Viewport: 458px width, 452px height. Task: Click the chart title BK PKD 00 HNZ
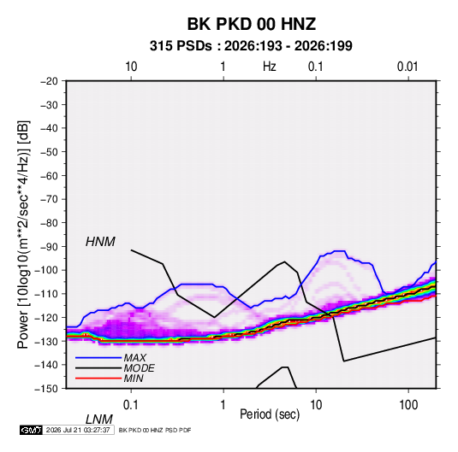(x=251, y=24)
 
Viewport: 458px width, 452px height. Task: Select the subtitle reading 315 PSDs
(x=181, y=46)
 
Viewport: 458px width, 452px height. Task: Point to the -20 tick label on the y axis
(x=49, y=81)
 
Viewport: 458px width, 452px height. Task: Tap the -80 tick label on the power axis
(x=49, y=223)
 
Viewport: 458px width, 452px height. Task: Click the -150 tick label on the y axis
(x=47, y=389)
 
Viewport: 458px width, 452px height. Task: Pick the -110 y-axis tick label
(x=47, y=294)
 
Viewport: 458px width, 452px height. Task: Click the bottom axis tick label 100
(x=408, y=405)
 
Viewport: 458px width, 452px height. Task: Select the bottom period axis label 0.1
(x=130, y=405)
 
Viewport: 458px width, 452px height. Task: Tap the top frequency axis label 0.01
(x=407, y=67)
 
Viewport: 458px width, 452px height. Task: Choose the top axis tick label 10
(x=131, y=67)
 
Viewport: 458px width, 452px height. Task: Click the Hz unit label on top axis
(x=270, y=67)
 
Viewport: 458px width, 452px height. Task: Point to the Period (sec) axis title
(x=270, y=414)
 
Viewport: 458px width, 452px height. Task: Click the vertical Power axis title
(x=23, y=234)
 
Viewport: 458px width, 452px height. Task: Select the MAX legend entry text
(x=134, y=358)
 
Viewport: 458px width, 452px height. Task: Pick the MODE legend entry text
(x=139, y=368)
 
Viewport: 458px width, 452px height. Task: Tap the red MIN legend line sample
(x=98, y=379)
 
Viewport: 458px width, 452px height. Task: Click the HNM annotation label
(x=100, y=242)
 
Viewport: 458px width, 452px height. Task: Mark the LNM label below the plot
(x=98, y=420)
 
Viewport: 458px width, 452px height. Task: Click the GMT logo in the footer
(x=31, y=430)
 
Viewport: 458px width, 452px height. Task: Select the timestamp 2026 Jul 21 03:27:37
(x=78, y=430)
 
